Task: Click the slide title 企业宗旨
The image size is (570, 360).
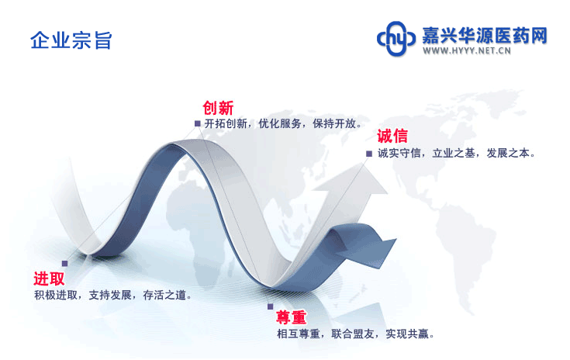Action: [x=71, y=40]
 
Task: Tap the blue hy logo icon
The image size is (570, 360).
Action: [x=396, y=39]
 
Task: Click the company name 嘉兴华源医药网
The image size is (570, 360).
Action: [x=484, y=36]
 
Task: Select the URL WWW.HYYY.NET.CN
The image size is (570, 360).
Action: [x=466, y=50]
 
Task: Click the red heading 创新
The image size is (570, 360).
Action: [x=218, y=108]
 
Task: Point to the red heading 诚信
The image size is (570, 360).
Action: [x=392, y=136]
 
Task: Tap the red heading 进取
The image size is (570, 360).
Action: [x=49, y=279]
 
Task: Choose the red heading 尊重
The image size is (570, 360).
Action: [x=291, y=317]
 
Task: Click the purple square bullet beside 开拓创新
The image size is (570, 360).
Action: [x=198, y=123]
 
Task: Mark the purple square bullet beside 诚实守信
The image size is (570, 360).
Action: [x=369, y=154]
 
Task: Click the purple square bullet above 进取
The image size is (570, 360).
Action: [x=64, y=263]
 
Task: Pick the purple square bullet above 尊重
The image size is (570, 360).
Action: [x=270, y=306]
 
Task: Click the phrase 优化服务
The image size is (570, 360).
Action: [x=279, y=123]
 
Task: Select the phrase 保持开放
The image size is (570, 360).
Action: [x=334, y=123]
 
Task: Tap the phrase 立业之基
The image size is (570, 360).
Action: [x=454, y=154]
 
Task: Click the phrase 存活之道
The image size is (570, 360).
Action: [x=164, y=295]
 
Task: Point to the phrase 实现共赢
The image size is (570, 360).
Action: [x=407, y=334]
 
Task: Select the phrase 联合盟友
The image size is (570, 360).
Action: [x=353, y=334]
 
